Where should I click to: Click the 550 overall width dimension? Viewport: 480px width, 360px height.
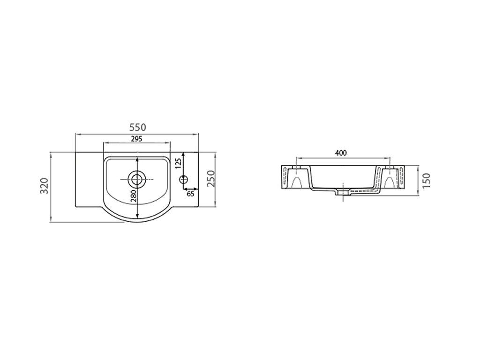coord(138,127)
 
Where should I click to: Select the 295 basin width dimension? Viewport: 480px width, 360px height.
coord(136,139)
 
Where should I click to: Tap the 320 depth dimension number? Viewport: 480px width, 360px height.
coord(45,186)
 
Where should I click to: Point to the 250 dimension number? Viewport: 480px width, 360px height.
coord(211,179)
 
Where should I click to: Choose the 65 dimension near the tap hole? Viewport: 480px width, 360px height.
coord(190,194)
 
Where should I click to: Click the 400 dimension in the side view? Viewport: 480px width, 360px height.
coord(341,153)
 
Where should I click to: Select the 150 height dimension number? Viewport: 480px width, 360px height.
coord(426,180)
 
